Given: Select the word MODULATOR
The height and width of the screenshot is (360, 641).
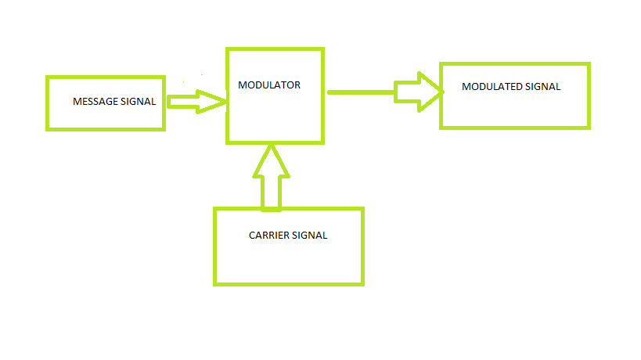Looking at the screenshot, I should [x=269, y=85].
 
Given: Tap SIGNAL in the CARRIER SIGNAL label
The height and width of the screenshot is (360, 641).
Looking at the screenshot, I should [x=309, y=236].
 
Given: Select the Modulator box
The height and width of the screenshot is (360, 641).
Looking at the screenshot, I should [x=275, y=117].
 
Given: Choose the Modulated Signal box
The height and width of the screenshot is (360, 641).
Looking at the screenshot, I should [x=514, y=110].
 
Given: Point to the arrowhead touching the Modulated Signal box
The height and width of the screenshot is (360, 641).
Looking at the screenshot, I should [x=431, y=92].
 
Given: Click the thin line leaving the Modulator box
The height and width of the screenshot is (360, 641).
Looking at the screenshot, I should [x=360, y=92].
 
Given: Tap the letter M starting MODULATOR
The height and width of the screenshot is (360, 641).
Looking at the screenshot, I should [x=242, y=85].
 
